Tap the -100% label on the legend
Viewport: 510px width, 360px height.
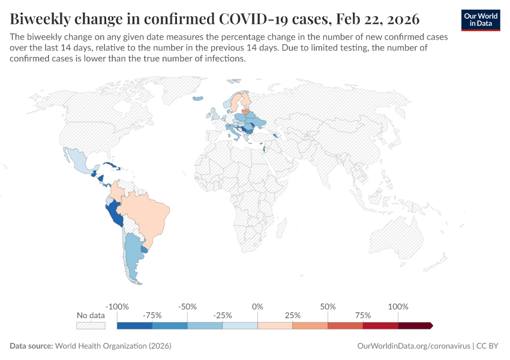pos(117,307)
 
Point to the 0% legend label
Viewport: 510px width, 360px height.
pos(257,307)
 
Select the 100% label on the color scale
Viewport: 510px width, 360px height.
pos(398,307)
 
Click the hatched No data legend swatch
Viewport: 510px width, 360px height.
pos(91,326)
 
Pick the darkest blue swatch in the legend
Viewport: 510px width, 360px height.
pos(134,326)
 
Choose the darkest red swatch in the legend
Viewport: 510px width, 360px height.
pos(415,326)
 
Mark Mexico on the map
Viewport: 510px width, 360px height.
pos(78,161)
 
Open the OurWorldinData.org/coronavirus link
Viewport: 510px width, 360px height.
pos(413,346)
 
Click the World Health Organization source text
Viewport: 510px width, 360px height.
pos(113,346)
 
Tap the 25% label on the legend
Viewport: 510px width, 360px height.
pos(293,315)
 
